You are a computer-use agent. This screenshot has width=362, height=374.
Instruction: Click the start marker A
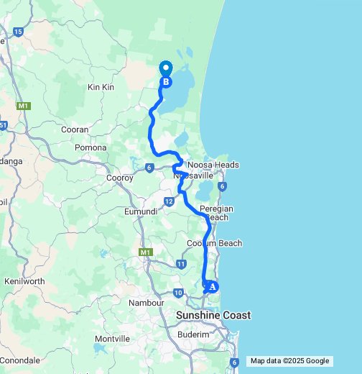pos(210,286)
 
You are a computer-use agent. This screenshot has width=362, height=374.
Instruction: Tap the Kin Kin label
pos(101,87)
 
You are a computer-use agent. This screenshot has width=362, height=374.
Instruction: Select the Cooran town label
pos(75,129)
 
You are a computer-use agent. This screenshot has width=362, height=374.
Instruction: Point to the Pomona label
pos(90,147)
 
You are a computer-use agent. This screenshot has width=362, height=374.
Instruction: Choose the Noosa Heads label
pos(213,165)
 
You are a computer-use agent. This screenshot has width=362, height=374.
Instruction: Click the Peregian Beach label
pos(214,212)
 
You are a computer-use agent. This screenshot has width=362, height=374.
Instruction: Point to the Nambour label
pos(147,304)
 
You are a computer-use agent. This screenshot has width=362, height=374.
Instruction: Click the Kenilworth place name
pos(24,281)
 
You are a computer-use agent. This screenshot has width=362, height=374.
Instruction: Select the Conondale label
pos(19,360)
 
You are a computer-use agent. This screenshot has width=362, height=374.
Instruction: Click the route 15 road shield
pos(18,32)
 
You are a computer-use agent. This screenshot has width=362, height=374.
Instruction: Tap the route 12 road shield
pos(168,202)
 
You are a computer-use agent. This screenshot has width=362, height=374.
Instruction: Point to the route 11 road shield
pos(180,265)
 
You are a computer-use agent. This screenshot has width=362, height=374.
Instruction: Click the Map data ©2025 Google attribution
pos(289,361)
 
